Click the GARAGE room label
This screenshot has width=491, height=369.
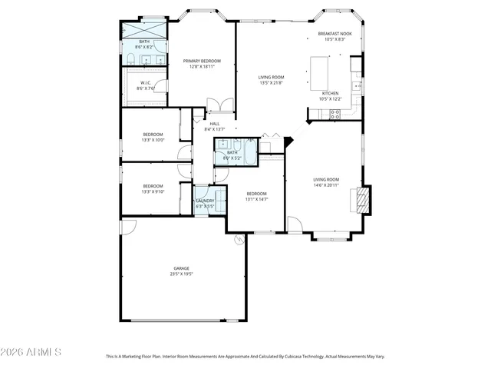[x=180, y=268]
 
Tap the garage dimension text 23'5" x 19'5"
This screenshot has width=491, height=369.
[x=180, y=274]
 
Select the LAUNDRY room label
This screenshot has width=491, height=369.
[x=205, y=201]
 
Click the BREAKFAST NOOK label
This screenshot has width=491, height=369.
[x=335, y=34]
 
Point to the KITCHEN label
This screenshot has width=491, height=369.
[x=330, y=93]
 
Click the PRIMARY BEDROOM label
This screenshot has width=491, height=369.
[x=202, y=61]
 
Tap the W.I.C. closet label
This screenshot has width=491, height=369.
[x=146, y=83]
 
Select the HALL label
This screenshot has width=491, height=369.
[x=215, y=124]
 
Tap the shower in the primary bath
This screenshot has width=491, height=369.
[x=144, y=30]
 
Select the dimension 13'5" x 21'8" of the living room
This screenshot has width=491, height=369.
[x=271, y=82]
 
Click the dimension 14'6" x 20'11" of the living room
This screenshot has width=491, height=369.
[x=326, y=185]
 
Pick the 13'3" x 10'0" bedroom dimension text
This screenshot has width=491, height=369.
[x=153, y=141]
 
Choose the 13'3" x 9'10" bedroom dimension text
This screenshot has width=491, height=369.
[x=153, y=191]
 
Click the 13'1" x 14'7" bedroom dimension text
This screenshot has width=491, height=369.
[x=256, y=199]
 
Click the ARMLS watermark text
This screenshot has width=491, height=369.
[x=32, y=352]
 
